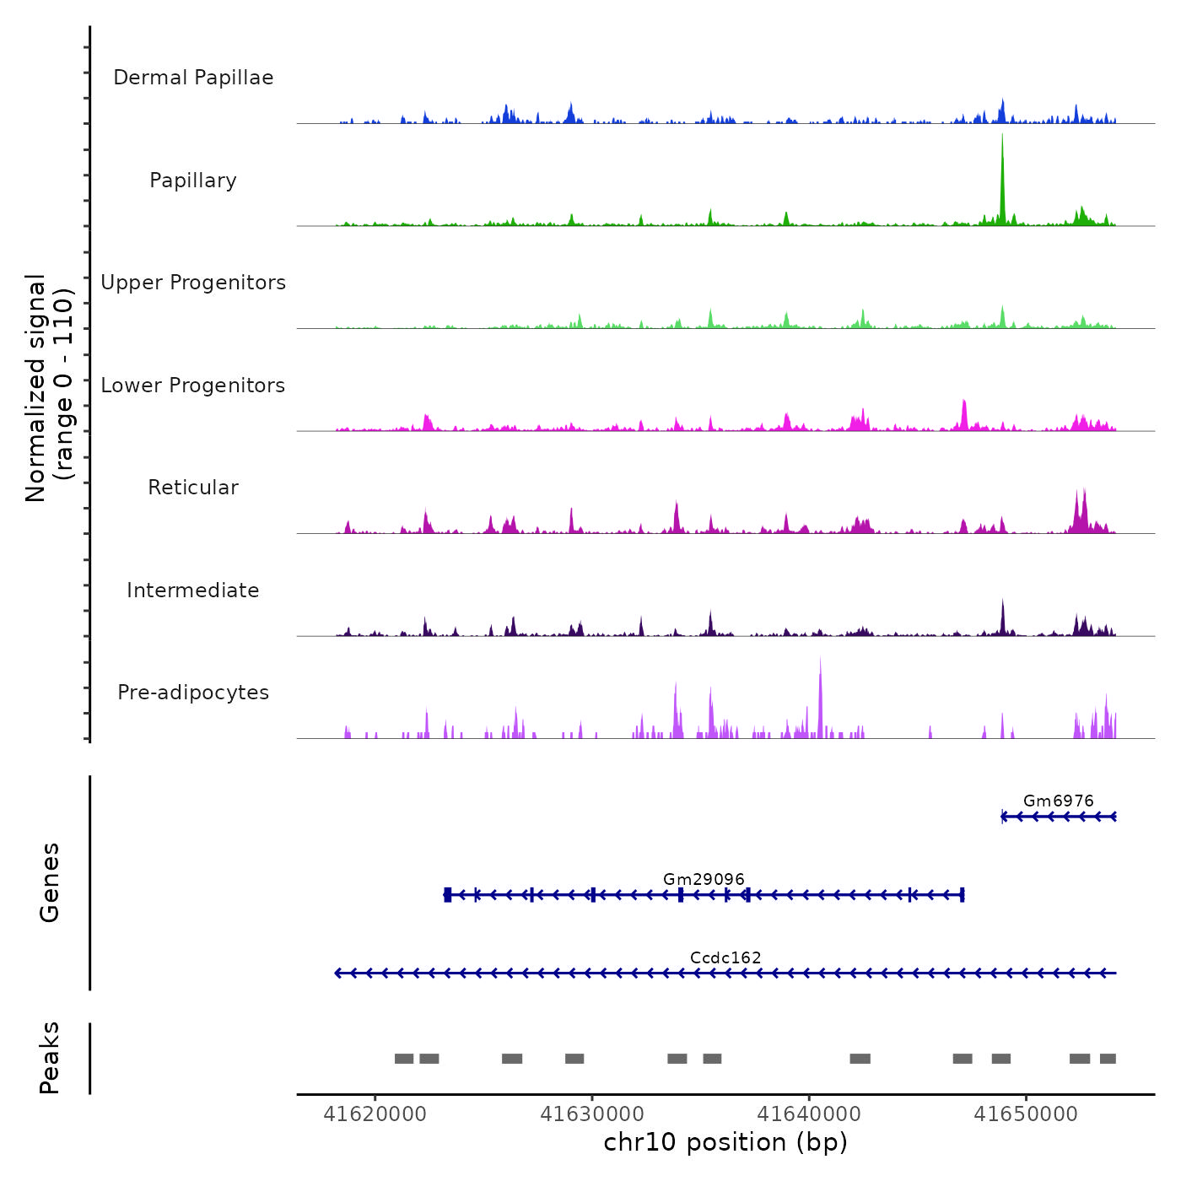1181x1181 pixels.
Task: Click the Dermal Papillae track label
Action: (193, 78)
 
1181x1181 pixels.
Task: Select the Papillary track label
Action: (193, 181)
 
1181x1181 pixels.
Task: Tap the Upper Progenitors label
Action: (193, 283)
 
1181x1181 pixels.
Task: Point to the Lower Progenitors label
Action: (193, 386)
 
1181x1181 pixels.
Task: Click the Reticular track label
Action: (193, 488)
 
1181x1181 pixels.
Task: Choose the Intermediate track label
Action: (193, 590)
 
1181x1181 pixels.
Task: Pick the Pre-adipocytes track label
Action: (193, 693)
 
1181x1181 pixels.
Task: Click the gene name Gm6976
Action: (1058, 801)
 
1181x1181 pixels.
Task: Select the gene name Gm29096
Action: (704, 879)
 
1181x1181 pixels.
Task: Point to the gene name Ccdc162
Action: (725, 957)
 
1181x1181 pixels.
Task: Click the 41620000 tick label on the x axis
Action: (375, 1114)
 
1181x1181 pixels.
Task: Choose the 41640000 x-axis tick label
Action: (809, 1114)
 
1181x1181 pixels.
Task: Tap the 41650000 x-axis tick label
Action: (1026, 1114)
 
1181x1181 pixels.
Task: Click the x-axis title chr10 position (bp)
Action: (725, 1142)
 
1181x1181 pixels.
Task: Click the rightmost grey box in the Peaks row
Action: (1108, 1059)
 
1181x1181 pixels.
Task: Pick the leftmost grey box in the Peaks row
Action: (404, 1059)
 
